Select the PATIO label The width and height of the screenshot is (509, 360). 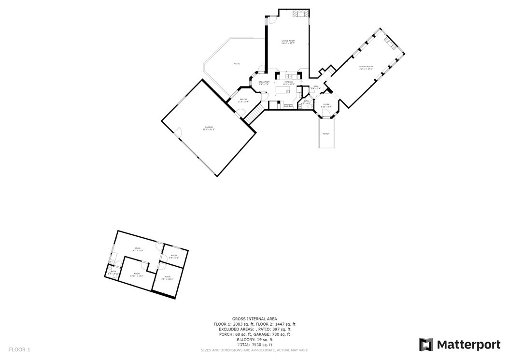[237, 64]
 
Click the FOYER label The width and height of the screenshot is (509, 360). [326, 105]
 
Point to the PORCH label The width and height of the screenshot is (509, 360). [326, 134]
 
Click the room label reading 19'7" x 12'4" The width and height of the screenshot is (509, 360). [138, 249]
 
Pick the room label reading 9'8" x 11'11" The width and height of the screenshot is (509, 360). [167, 277]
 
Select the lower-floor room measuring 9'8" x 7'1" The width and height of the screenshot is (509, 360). [174, 256]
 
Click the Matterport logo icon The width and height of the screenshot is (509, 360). [426, 345]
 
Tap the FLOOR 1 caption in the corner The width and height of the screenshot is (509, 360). [20, 349]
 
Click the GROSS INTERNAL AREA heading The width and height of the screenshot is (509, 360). [254, 319]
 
